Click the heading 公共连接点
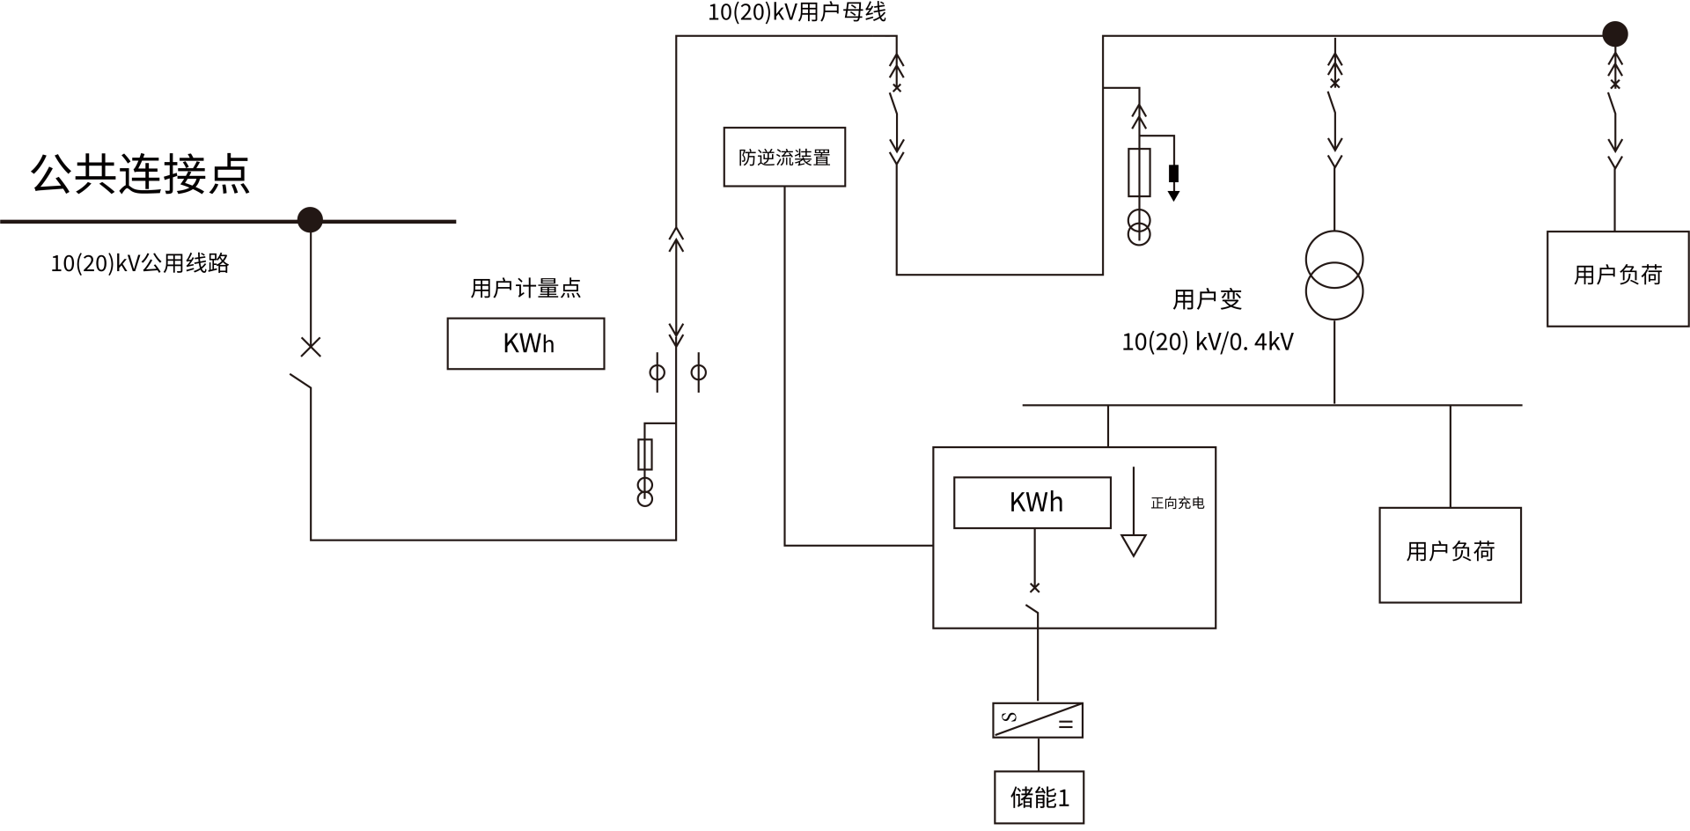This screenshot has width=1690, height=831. (x=141, y=173)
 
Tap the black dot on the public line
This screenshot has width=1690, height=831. (x=310, y=219)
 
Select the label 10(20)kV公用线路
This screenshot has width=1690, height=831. (x=140, y=263)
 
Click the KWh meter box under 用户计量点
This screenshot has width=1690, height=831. (x=525, y=343)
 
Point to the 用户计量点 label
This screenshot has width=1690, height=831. (x=525, y=288)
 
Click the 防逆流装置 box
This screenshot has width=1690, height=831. (x=784, y=157)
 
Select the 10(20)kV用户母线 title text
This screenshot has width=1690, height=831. (x=797, y=12)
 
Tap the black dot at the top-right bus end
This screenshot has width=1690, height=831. (x=1614, y=34)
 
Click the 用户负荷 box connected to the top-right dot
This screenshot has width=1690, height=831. (x=1618, y=278)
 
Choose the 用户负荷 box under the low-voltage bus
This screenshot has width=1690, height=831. (x=1450, y=555)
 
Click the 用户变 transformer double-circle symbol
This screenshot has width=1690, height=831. (x=1334, y=275)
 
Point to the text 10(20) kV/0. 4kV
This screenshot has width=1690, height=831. (x=1208, y=342)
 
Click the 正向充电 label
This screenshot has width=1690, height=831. (x=1178, y=503)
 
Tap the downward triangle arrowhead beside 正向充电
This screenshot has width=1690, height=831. (x=1134, y=546)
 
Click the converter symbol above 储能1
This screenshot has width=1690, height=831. (x=1038, y=720)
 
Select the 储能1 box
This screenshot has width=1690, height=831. (x=1039, y=798)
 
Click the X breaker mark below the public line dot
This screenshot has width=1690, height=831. (x=311, y=347)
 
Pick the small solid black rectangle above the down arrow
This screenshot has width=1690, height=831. (x=1173, y=173)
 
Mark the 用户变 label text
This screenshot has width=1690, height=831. (x=1207, y=299)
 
